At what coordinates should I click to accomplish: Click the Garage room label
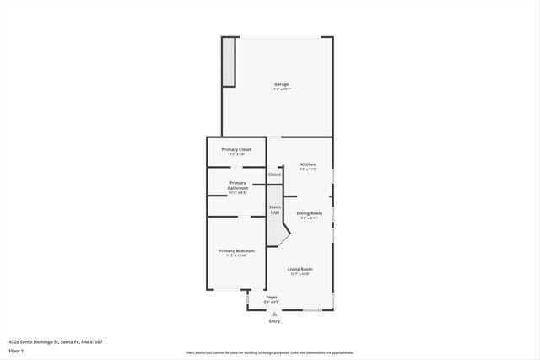coord(281,84)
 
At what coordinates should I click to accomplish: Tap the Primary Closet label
coord(236,149)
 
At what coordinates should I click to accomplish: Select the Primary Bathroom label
coord(237,185)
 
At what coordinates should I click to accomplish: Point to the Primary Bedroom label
coord(236,250)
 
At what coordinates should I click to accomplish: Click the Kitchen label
coord(307,164)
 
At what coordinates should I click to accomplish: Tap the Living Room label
coord(300,269)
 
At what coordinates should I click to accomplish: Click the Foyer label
coord(272,297)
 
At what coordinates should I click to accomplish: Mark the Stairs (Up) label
coord(274,209)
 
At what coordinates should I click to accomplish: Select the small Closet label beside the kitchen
coord(274,175)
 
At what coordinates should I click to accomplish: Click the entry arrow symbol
coord(273,314)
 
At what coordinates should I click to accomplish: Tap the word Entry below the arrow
coord(273,321)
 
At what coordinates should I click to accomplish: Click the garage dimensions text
coord(281,89)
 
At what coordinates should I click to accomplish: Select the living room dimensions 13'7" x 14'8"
coord(300,274)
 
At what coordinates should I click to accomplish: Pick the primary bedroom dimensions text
coord(236,255)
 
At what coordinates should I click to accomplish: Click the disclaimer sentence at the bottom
coord(269,353)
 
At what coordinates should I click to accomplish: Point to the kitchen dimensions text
coord(307,169)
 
